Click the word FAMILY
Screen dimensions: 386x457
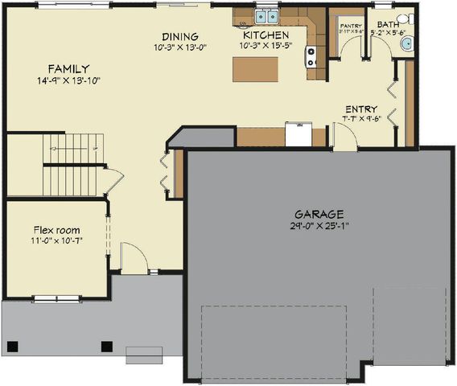click(x=68, y=69)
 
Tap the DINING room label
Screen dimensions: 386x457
click(x=179, y=37)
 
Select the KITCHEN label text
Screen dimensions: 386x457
click(x=266, y=36)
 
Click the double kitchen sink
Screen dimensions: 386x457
click(x=266, y=16)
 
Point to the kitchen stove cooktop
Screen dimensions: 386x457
click(x=311, y=56)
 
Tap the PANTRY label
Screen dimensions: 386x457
click(x=351, y=27)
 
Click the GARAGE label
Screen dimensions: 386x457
click(x=319, y=215)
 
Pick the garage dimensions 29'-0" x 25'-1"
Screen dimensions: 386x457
click(x=319, y=226)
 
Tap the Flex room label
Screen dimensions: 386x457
click(x=56, y=230)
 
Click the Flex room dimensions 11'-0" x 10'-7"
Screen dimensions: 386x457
click(x=56, y=240)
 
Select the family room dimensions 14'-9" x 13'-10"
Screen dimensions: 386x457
click(x=68, y=81)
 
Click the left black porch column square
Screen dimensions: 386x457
click(x=13, y=347)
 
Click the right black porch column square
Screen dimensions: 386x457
click(x=105, y=347)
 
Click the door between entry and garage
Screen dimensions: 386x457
click(x=345, y=138)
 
